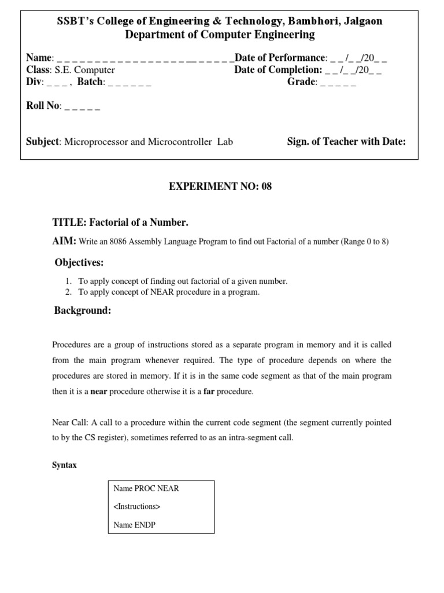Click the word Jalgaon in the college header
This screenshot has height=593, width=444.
pyautogui.click(x=361, y=21)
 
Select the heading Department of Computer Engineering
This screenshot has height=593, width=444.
pyautogui.click(x=220, y=35)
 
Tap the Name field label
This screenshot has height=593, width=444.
pyautogui.click(x=39, y=58)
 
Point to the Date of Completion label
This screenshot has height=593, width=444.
pyautogui.click(x=278, y=70)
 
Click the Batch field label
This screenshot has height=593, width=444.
pyautogui.click(x=90, y=82)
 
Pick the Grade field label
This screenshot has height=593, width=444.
pyautogui.click(x=301, y=82)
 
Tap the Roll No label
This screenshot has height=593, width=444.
pyautogui.click(x=43, y=107)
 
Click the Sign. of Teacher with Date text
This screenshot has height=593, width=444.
pyautogui.click(x=346, y=141)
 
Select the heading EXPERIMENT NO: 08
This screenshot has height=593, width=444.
pyautogui.click(x=220, y=186)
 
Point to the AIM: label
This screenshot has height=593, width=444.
pyautogui.click(x=65, y=241)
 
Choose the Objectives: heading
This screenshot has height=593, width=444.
pyautogui.click(x=79, y=263)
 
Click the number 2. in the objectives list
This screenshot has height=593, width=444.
pyautogui.click(x=68, y=292)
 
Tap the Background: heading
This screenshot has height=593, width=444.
pyautogui.click(x=82, y=311)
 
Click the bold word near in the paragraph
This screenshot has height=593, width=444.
pyautogui.click(x=99, y=391)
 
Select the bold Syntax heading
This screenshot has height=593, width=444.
pyautogui.click(x=64, y=466)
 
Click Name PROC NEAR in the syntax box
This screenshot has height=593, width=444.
pyautogui.click(x=146, y=488)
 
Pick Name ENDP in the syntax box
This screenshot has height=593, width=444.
pyautogui.click(x=135, y=525)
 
